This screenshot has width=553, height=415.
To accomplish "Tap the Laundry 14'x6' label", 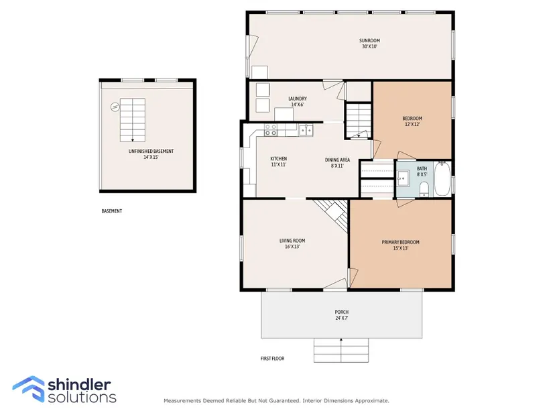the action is pos(298,102).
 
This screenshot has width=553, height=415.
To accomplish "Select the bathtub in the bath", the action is pos(442,179).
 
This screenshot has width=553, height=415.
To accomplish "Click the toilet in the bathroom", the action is pos(424,190).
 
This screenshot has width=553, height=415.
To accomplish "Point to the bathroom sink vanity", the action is pos(402,178).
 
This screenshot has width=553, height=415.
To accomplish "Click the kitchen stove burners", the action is pos(271,130).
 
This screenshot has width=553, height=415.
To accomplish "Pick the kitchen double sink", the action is pos(306,130).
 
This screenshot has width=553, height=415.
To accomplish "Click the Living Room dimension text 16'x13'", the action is pos(292,247).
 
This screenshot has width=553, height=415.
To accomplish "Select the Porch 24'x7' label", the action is pos(341,315).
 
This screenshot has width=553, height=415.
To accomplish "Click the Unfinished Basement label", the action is pos(151,154).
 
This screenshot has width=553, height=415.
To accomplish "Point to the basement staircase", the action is pos(133,120).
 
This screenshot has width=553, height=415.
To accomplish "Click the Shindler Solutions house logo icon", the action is pos(29,389).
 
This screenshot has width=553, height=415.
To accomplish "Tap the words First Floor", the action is pos(272,359).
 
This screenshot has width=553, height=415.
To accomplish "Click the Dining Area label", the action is pos(338,160).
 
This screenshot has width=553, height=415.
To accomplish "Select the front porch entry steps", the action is pos(341,350).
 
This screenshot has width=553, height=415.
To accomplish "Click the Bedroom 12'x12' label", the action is pos(412,121).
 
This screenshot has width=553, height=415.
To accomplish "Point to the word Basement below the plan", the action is pos(112,211).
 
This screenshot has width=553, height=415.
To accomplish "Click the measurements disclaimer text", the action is pos(276,400).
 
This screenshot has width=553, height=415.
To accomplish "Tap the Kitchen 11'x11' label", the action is pos(279,162).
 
